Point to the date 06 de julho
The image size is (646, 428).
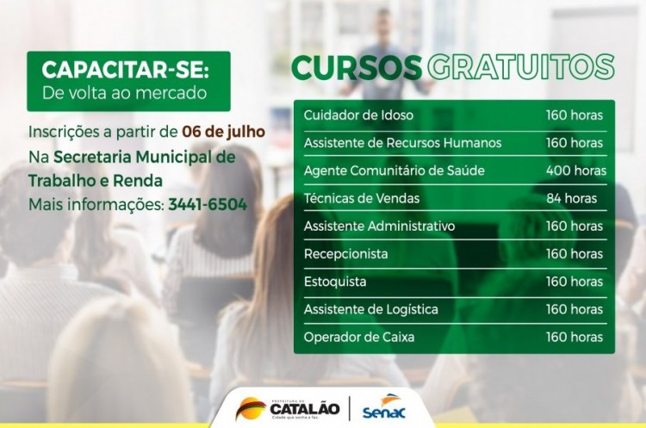click(223, 133)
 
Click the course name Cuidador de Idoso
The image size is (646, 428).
click(358, 115)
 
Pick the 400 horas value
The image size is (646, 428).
click(575, 171)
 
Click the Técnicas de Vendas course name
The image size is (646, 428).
click(362, 198)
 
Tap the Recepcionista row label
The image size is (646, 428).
click(345, 254)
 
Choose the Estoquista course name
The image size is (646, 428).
click(335, 282)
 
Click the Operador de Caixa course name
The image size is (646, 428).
click(359, 338)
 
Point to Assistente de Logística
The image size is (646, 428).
click(371, 309)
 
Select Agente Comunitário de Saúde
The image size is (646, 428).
click(394, 171)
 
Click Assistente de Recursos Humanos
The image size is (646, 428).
click(402, 142)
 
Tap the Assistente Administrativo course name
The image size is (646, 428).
click(380, 226)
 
